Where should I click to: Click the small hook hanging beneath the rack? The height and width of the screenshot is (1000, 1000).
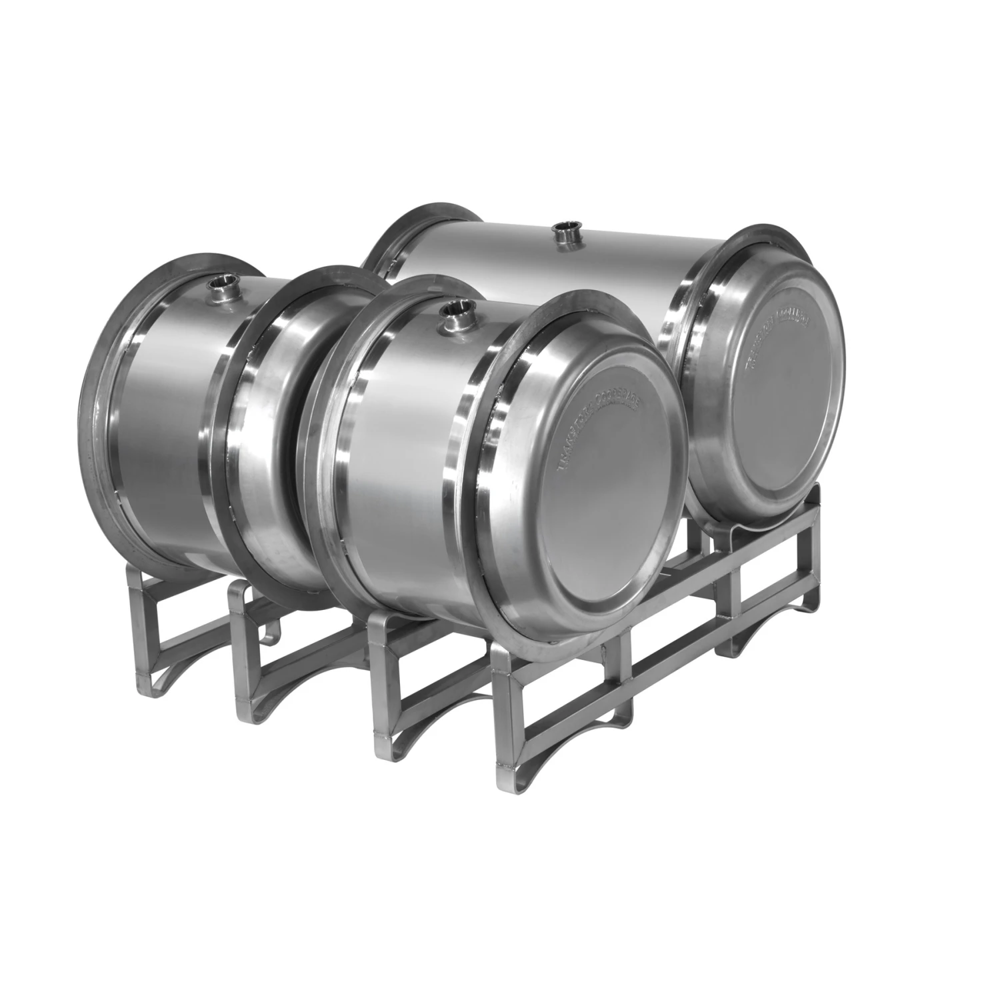click(271, 639)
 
